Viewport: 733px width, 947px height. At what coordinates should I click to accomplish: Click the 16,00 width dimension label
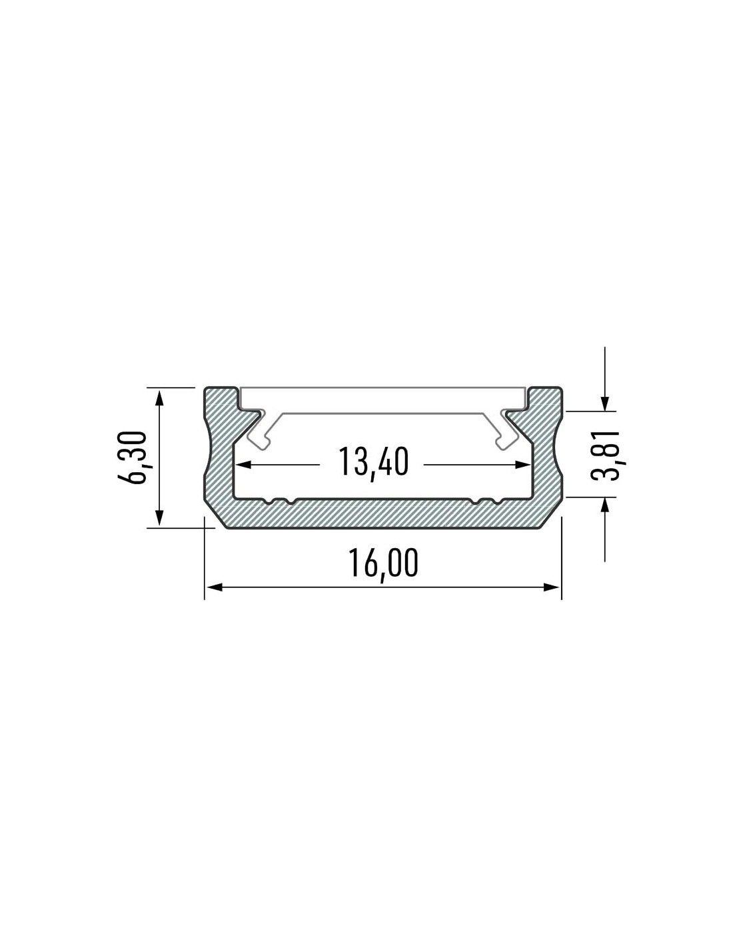click(x=383, y=564)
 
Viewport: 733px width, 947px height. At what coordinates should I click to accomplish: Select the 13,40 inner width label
click(x=373, y=462)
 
